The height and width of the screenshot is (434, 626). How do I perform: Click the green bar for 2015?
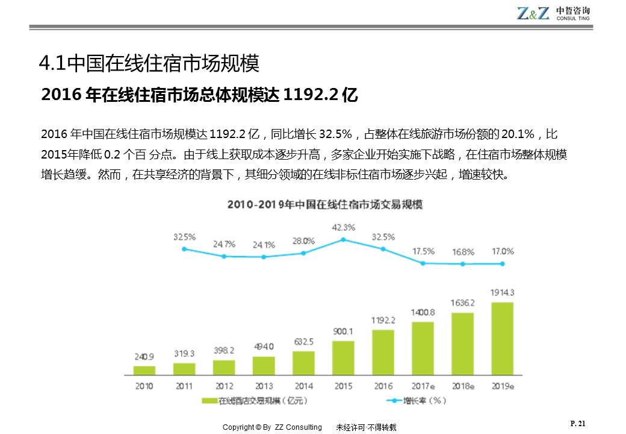tap(343, 358)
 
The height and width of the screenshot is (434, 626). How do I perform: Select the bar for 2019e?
tap(503, 339)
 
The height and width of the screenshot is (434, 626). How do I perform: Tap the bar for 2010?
tap(144, 370)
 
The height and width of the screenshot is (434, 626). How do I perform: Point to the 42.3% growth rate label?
tap(344, 227)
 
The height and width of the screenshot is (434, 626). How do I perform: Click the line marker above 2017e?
tap(423, 263)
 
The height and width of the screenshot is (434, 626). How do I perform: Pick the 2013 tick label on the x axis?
tap(264, 386)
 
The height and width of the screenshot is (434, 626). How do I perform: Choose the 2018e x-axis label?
tap(463, 386)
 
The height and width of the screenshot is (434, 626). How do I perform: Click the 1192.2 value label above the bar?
tap(383, 319)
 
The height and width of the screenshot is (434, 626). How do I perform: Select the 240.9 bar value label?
tap(144, 356)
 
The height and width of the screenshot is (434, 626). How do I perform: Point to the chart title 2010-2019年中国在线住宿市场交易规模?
tap(325, 205)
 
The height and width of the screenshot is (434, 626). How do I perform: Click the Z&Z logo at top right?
tap(533, 13)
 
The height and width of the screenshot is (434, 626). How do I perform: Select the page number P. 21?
tap(577, 424)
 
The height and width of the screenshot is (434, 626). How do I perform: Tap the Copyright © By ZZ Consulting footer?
tap(272, 427)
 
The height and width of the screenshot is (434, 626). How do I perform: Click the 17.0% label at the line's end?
tap(503, 251)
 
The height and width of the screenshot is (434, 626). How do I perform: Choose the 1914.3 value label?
tap(503, 292)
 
